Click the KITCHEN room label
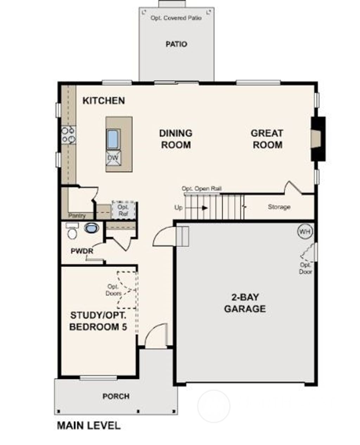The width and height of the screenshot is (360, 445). click(103, 101)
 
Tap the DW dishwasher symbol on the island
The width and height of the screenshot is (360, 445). click(113, 157)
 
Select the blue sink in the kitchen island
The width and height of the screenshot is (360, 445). click(113, 139)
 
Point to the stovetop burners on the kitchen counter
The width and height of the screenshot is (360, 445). click(69, 135)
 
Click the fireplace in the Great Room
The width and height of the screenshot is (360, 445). click(317, 139)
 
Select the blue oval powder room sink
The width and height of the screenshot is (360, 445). click(91, 228)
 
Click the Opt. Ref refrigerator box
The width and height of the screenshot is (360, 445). click(123, 210)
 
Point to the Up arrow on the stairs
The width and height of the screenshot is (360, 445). click(204, 208)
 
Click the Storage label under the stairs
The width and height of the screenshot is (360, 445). click(279, 207)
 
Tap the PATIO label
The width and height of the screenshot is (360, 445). click(176, 44)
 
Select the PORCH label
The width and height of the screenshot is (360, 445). click(116, 396)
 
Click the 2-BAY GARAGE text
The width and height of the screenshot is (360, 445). click(245, 303)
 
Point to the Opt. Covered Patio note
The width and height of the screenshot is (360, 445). click(176, 18)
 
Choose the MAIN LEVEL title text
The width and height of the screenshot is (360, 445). click(89, 426)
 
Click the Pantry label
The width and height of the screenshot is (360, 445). click(77, 215)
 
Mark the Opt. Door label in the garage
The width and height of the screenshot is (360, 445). click(306, 268)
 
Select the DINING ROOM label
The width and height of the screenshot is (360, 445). click(176, 139)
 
